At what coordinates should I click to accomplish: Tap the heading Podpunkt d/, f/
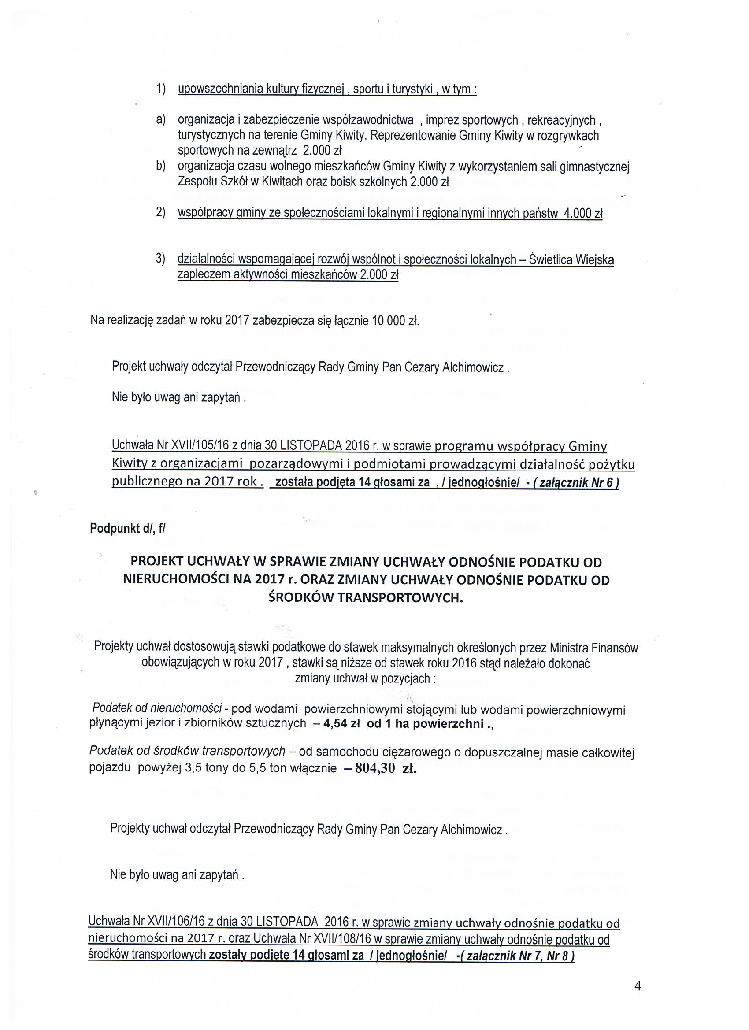coord(128,529)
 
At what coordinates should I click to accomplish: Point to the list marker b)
coord(160,166)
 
